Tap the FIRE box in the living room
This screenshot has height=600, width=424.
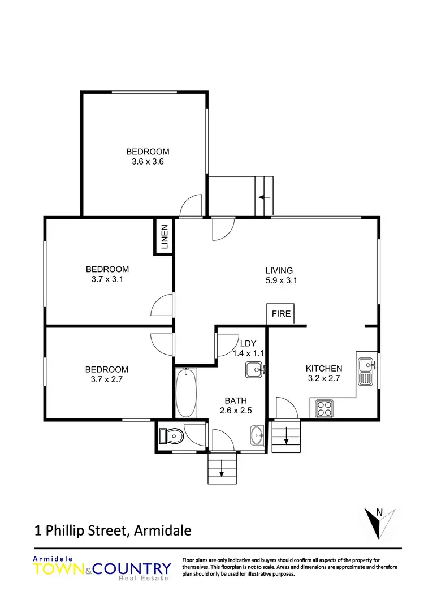point(281,314)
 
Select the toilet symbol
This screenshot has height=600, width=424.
point(171,436)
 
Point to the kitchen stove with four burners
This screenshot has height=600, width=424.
point(325,407)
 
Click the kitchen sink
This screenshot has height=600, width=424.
point(365,370)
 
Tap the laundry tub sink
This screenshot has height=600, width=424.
point(255,371)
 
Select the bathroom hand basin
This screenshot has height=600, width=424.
point(257,436)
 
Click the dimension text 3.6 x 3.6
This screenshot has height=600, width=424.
point(148,161)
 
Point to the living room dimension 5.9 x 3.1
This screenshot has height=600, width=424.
point(279,280)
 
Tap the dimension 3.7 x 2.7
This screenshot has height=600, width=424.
point(107,379)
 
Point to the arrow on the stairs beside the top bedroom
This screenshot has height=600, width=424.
point(263,197)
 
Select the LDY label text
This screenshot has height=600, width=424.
point(248,343)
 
